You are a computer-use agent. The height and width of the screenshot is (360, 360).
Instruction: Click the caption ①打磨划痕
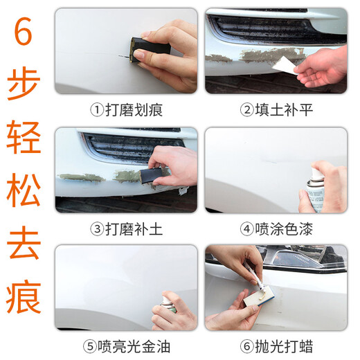click(126, 109)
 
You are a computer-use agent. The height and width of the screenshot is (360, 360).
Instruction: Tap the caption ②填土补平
click(276, 109)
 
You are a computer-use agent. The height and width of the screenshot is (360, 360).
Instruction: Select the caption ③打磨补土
click(126, 228)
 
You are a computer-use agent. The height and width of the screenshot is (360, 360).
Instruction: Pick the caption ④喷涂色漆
click(276, 228)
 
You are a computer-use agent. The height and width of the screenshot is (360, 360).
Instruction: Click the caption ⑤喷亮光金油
click(126, 346)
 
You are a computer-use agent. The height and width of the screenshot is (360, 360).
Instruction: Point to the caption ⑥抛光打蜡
click(276, 346)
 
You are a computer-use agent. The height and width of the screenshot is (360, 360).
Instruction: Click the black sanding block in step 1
click(150, 48)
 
